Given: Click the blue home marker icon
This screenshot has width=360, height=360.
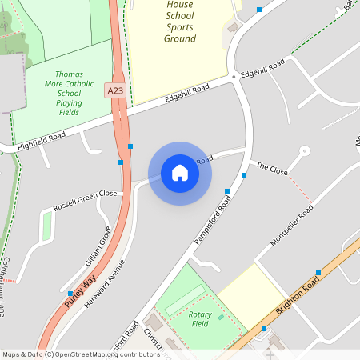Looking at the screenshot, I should click(180, 173).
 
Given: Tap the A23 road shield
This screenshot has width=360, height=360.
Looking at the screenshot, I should click(115, 92).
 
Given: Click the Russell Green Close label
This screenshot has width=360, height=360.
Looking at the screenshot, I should click(85, 200).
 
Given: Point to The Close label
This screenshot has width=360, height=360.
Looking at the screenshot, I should click(272, 169).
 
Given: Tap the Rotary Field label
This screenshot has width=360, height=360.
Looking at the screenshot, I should click(200, 319).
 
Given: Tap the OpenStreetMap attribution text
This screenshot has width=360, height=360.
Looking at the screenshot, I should click(81, 354).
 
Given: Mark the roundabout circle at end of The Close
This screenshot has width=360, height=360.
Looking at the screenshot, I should click(304, 150).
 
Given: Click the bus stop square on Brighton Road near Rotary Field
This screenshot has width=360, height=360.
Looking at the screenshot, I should click(264, 329).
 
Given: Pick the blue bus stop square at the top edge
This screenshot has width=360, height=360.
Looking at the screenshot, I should click(258, 10).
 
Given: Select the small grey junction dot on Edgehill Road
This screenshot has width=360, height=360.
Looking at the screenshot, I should click(234, 77).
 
